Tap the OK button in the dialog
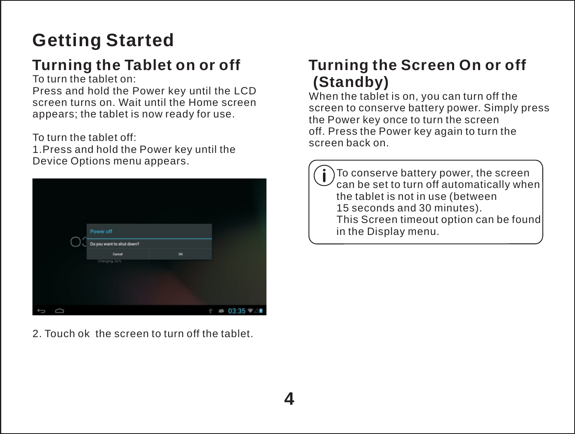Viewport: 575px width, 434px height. (181, 254)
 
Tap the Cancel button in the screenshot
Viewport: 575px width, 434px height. (118, 254)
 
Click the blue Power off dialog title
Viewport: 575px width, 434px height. (101, 232)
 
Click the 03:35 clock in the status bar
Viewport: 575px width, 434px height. (237, 311)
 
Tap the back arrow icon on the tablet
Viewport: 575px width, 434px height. (42, 311)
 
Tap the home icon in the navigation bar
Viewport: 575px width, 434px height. (59, 311)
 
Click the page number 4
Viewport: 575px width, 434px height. (289, 399)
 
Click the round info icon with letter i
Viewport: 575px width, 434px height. (325, 176)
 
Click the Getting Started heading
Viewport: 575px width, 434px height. (103, 40)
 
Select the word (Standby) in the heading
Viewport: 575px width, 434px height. (351, 82)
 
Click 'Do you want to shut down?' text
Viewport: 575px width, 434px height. (115, 244)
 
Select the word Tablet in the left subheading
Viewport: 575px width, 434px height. (148, 65)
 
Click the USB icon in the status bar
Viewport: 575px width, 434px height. (210, 311)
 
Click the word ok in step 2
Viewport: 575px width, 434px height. (83, 333)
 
